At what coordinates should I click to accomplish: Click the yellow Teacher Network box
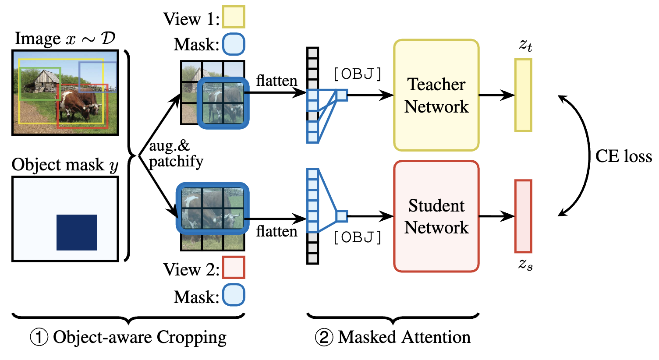tap(436, 95)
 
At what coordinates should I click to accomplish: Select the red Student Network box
tap(436, 216)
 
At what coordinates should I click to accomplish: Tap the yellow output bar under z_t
tap(523, 95)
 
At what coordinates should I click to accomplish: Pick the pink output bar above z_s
tap(523, 216)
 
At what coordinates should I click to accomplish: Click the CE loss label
tap(623, 156)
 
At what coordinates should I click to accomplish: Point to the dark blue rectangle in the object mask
tap(77, 232)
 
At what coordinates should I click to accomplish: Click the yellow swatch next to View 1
tap(234, 18)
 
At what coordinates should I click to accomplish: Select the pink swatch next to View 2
tap(234, 268)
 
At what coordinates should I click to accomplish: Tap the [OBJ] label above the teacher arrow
tap(357, 74)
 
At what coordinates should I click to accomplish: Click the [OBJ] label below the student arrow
tap(357, 237)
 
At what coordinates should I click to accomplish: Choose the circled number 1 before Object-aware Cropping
tap(39, 338)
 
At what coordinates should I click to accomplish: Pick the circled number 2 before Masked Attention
tap(324, 338)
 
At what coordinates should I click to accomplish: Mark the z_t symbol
tap(525, 45)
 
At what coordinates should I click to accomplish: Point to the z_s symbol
tap(525, 264)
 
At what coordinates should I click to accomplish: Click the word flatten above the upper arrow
tap(276, 81)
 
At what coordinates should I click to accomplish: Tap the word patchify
tap(176, 162)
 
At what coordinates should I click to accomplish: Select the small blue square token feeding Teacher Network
tap(342, 95)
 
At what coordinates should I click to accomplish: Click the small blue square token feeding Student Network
tap(342, 216)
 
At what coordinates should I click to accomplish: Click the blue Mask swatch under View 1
tap(234, 45)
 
